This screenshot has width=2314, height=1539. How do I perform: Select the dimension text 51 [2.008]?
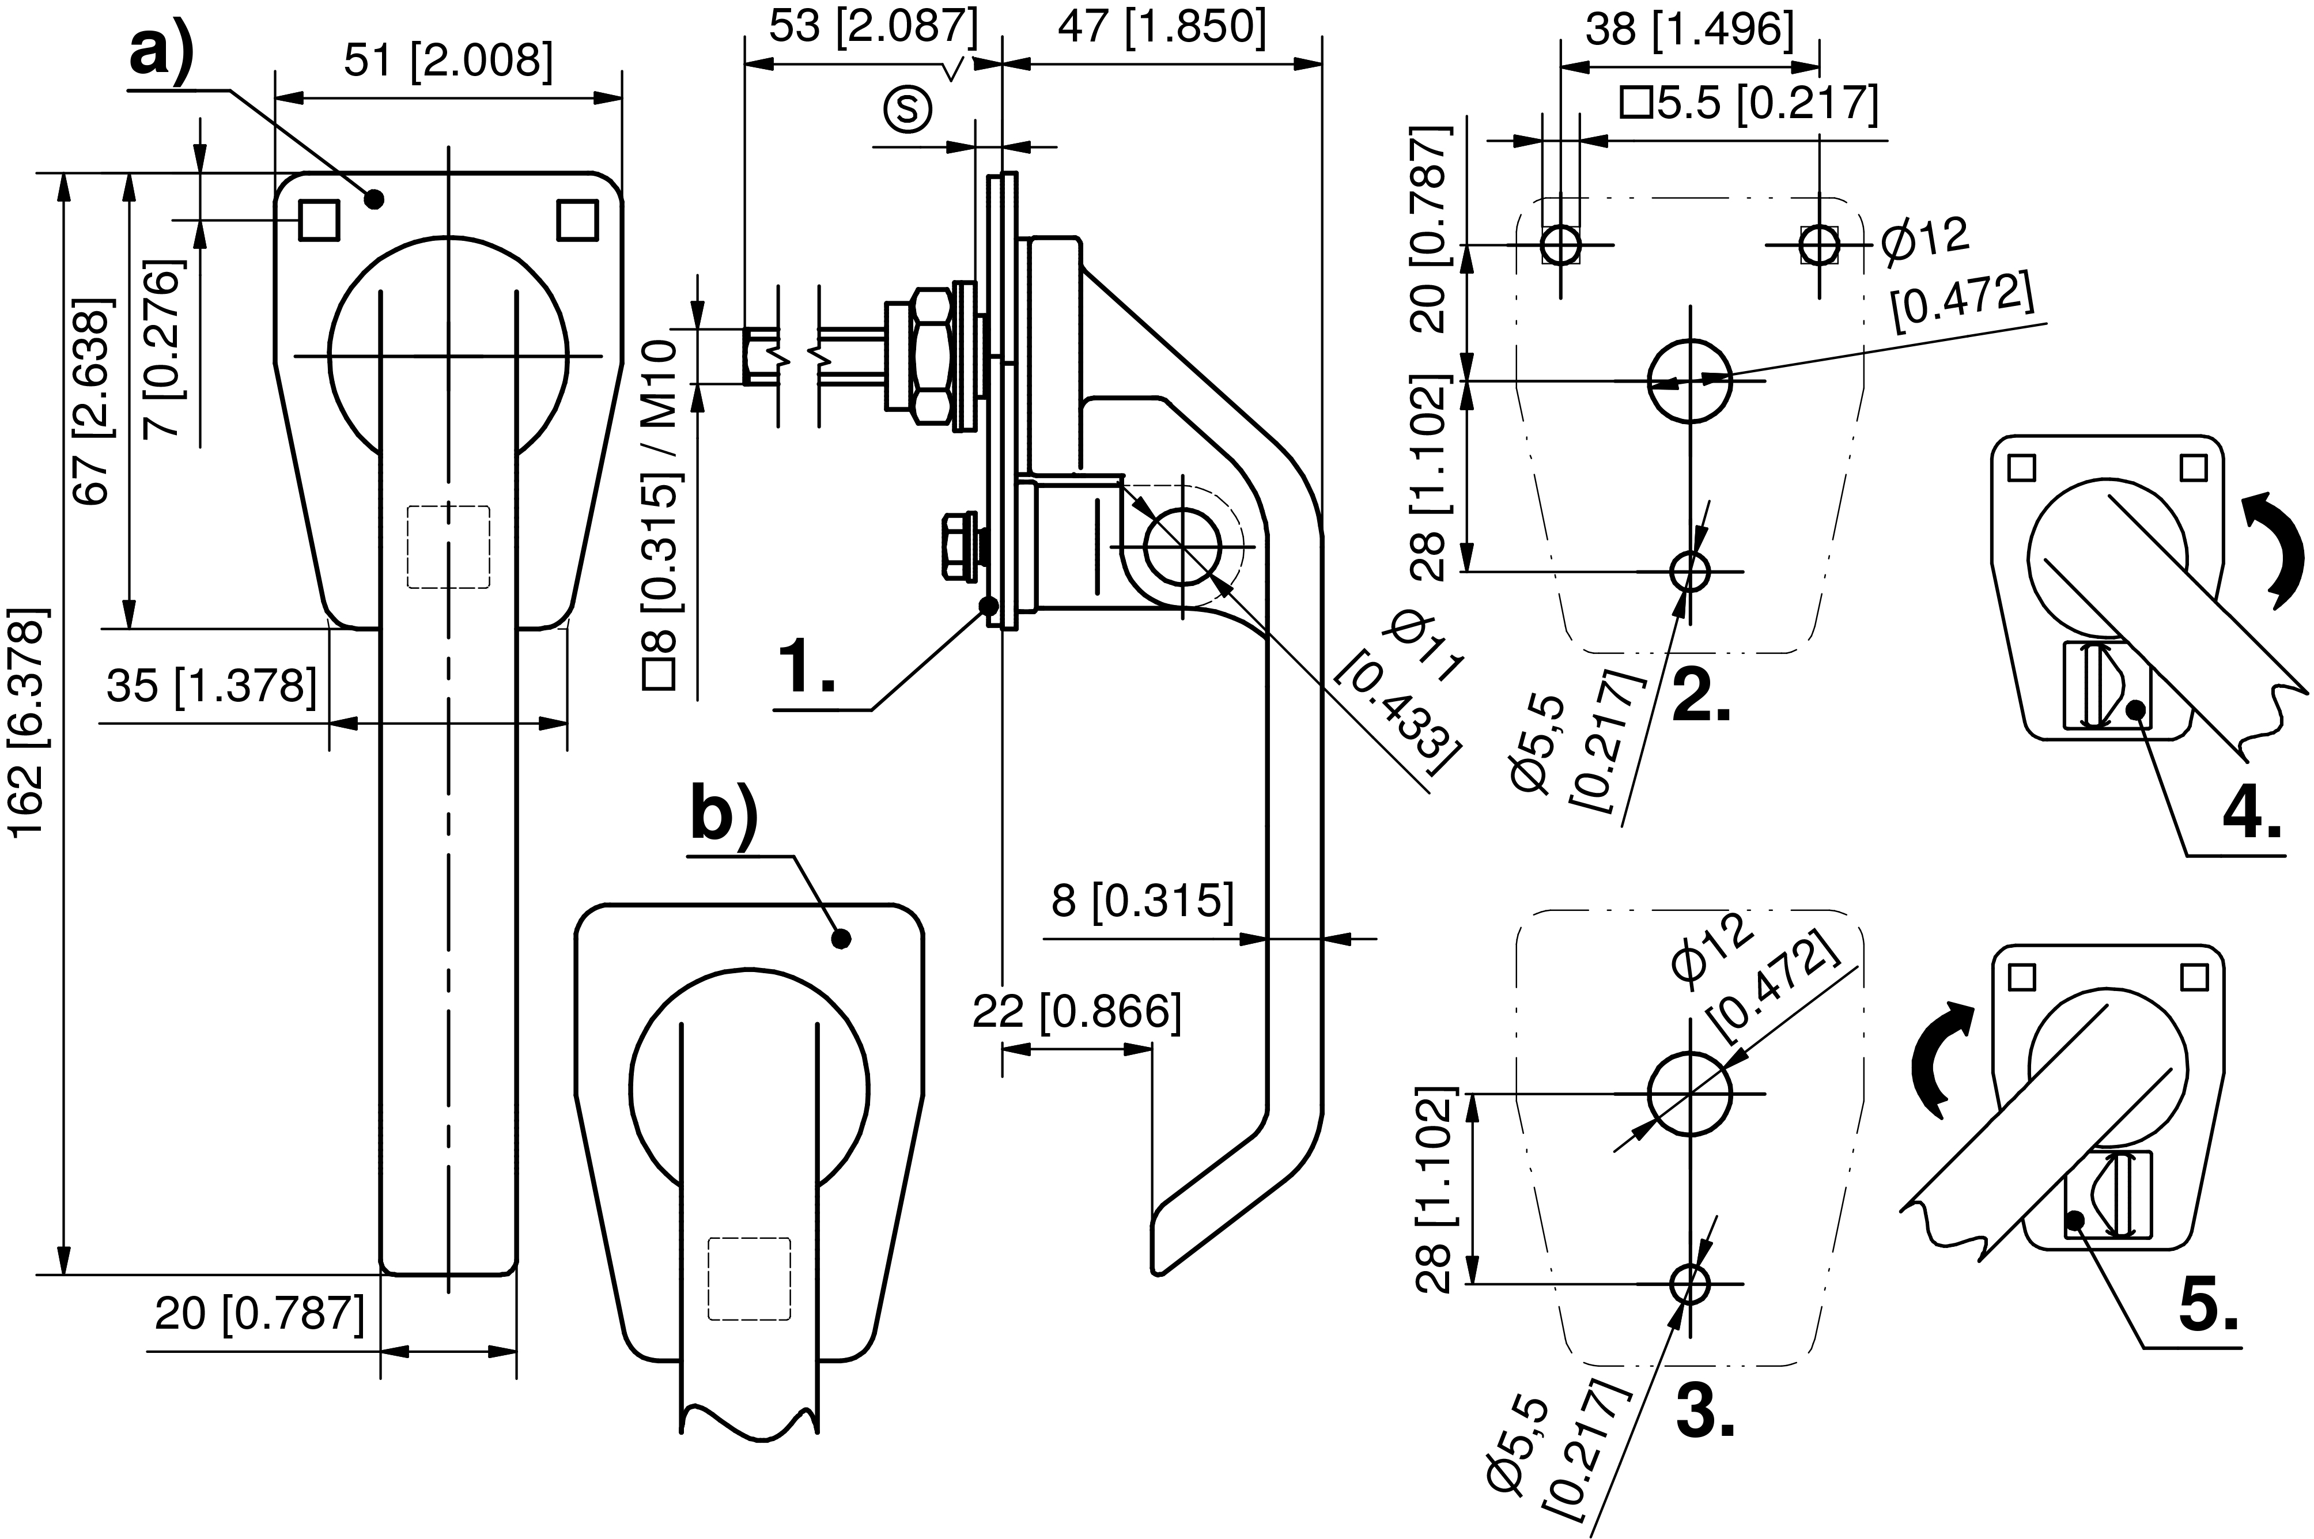pyautogui.click(x=448, y=61)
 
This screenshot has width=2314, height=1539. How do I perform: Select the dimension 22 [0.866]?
pyautogui.click(x=1076, y=1012)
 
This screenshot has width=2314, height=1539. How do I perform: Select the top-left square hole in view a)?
pyautogui.click(x=319, y=220)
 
